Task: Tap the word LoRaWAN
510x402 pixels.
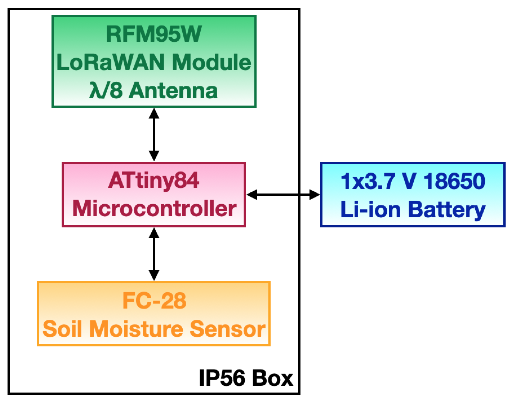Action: pos(110,62)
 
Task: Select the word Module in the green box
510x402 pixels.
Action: pos(211,62)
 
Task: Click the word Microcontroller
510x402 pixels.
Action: pos(154,209)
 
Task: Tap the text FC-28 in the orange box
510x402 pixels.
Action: pos(154,301)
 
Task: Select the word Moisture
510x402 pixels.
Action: pos(136,329)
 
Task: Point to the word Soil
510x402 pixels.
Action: pos(62,329)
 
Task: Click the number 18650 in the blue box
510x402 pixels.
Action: pos(454,181)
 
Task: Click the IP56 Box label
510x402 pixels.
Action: pos(246,378)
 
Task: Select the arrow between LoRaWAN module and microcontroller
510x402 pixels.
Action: pos(154,135)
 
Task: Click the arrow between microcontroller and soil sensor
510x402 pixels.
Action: pos(154,254)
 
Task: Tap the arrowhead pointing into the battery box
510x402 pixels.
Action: pos(314,195)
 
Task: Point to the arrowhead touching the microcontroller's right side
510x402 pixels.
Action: pos(252,195)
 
